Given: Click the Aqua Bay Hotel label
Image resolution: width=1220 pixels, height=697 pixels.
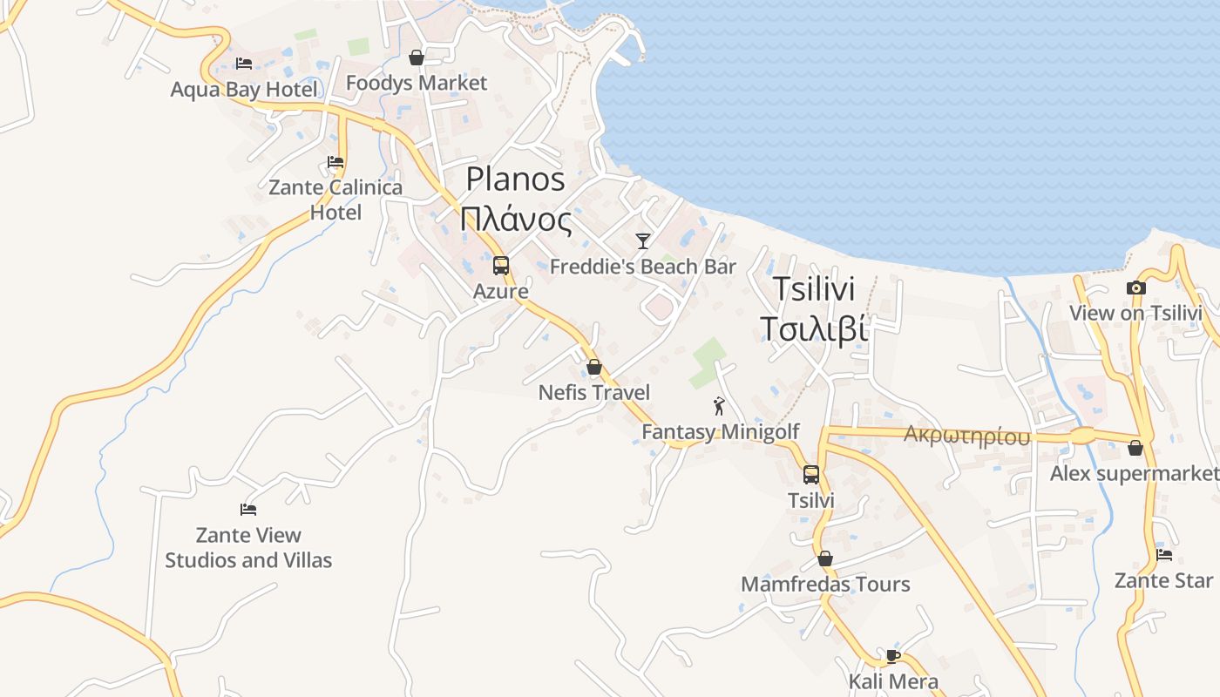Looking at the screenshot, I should pyautogui.click(x=244, y=89).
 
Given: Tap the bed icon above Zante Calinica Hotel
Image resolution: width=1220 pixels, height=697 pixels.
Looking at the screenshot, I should pyautogui.click(x=335, y=162).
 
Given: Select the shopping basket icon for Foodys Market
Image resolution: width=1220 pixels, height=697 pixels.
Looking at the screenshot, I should pyautogui.click(x=417, y=58).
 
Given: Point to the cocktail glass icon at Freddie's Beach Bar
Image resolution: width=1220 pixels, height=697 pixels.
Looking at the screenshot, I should pyautogui.click(x=643, y=240).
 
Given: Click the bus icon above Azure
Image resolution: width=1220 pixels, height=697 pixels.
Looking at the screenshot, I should pyautogui.click(x=501, y=266).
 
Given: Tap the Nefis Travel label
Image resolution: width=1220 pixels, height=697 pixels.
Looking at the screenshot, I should pyautogui.click(x=594, y=392).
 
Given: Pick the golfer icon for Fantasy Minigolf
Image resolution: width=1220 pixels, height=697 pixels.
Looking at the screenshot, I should pyautogui.click(x=719, y=406).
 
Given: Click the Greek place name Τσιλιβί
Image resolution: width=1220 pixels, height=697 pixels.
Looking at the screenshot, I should pyautogui.click(x=814, y=329).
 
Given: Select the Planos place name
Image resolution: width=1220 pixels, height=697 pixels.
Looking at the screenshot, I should pyautogui.click(x=515, y=179).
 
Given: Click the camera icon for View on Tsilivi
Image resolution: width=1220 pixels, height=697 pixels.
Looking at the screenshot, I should pyautogui.click(x=1135, y=288).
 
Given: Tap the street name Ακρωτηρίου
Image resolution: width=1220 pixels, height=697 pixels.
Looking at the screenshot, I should pyautogui.click(x=966, y=436).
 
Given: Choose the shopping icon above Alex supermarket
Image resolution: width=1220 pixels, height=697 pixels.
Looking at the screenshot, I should pyautogui.click(x=1135, y=448).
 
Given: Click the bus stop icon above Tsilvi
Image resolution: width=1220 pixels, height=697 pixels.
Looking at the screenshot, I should pyautogui.click(x=811, y=475).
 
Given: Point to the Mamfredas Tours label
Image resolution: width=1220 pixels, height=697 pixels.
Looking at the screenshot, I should pyautogui.click(x=825, y=584).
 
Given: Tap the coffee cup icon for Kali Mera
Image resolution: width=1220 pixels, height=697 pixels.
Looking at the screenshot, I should pyautogui.click(x=893, y=655).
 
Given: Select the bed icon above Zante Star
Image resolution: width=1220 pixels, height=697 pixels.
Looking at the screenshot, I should pyautogui.click(x=1163, y=554).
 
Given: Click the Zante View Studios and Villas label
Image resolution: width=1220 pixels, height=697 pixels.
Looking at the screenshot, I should pyautogui.click(x=248, y=547).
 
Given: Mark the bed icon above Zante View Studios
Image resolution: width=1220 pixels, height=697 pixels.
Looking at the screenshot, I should pyautogui.click(x=248, y=509).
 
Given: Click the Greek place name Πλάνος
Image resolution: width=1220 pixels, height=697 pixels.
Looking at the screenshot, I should pyautogui.click(x=516, y=220).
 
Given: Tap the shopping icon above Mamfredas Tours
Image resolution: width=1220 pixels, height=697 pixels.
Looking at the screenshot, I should pyautogui.click(x=825, y=558).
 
